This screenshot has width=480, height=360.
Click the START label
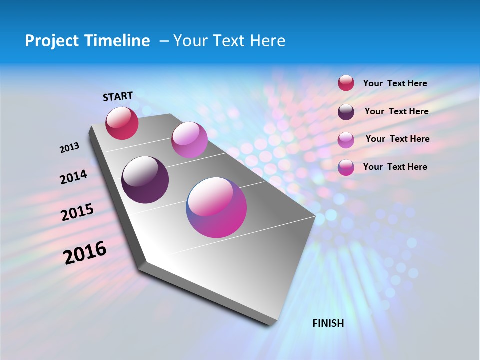pyautogui.click(x=118, y=96)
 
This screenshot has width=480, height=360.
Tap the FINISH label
pyautogui.click(x=328, y=323)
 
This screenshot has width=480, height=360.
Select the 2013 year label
pyautogui.click(x=70, y=148)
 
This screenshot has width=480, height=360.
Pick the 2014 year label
pyautogui.click(x=74, y=177)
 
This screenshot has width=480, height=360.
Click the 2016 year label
pyautogui.click(x=85, y=253)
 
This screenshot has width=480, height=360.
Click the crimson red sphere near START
pyautogui.click(x=122, y=123)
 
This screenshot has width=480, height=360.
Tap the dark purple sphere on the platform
pyautogui.click(x=145, y=180)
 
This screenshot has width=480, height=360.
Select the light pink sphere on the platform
pyautogui.click(x=189, y=140)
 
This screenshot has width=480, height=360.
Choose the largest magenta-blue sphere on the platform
pyautogui.click(x=216, y=207)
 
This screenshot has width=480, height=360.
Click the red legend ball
pyautogui.click(x=346, y=83)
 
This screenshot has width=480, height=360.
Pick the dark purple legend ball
pyautogui.click(x=346, y=112)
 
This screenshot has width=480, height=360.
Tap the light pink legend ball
pyautogui.click(x=346, y=139)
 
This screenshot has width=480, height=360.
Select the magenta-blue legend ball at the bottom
pyautogui.click(x=346, y=167)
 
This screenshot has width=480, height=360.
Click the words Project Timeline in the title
pyautogui.click(x=87, y=41)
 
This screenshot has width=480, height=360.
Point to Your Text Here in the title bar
pyautogui.click(x=229, y=41)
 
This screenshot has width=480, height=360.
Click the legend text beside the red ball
pyautogui.click(x=395, y=84)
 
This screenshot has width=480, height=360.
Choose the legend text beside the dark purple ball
pyautogui.click(x=396, y=111)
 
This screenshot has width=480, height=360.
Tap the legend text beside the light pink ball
pyautogui.click(x=397, y=139)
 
